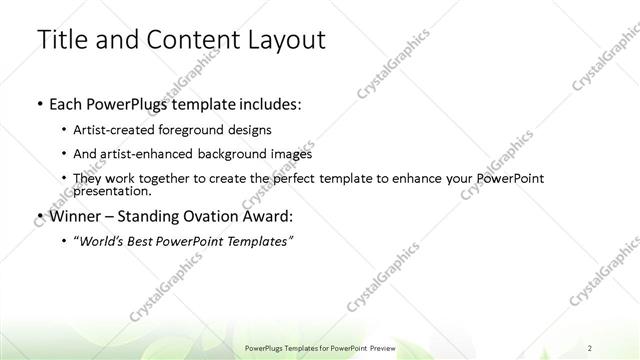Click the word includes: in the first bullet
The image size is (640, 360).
tap(265, 104)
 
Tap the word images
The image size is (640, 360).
tap(290, 154)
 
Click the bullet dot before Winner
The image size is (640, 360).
tap(38, 216)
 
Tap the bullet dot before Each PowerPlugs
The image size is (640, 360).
tap(38, 105)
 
